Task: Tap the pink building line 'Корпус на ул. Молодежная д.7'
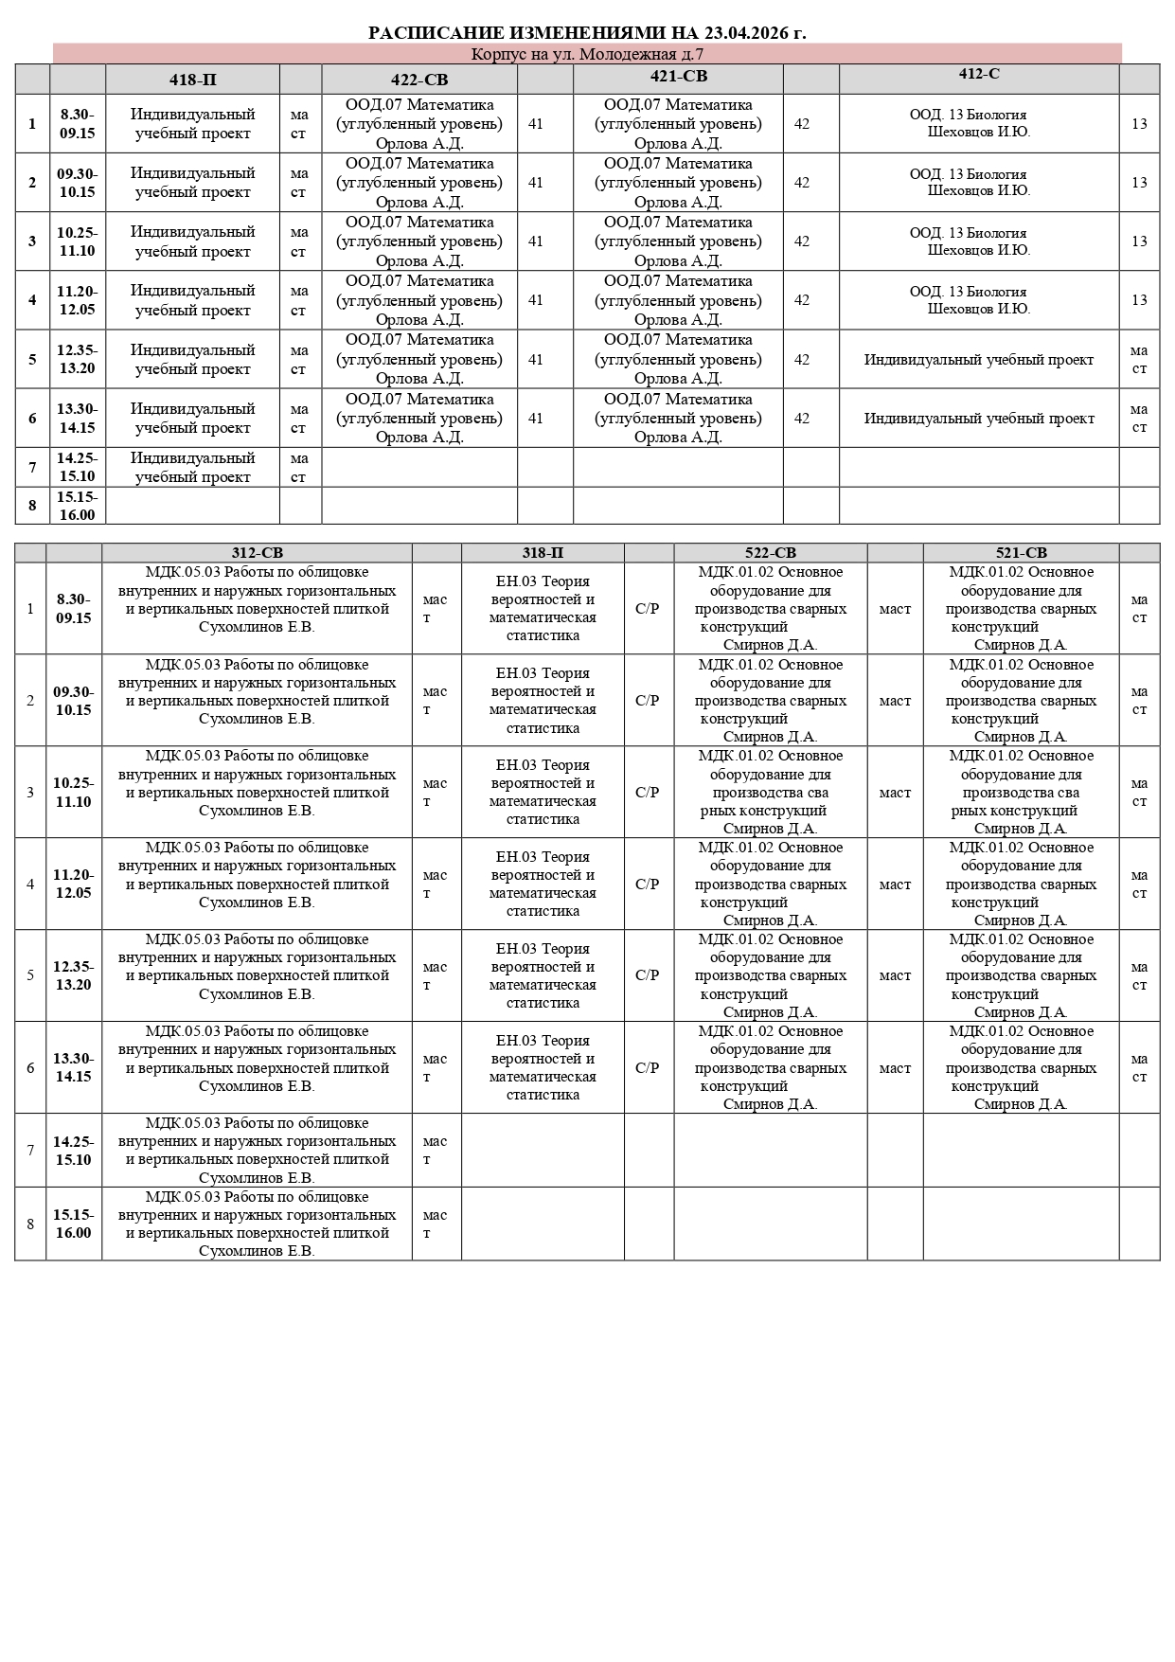pyautogui.click(x=587, y=54)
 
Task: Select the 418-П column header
pyautogui.click(x=192, y=80)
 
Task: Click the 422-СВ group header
pyautogui.click(x=419, y=80)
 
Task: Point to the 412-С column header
pyautogui.click(x=978, y=74)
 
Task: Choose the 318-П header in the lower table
pyautogui.click(x=543, y=553)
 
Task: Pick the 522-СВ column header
pyautogui.click(x=770, y=553)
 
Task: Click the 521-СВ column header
pyautogui.click(x=1021, y=553)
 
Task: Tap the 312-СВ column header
pyautogui.click(x=257, y=553)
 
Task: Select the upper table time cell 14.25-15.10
pyautogui.click(x=77, y=467)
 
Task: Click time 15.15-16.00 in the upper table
pyautogui.click(x=77, y=506)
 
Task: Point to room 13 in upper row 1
pyautogui.click(x=1139, y=124)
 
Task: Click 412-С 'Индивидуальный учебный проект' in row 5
pyautogui.click(x=978, y=360)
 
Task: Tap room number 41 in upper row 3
pyautogui.click(x=536, y=241)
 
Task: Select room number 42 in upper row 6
pyautogui.click(x=802, y=419)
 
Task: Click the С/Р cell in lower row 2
pyautogui.click(x=648, y=701)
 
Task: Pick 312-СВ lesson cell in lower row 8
pyautogui.click(x=257, y=1224)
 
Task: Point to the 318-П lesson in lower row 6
pyautogui.click(x=543, y=1067)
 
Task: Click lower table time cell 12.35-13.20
pyautogui.click(x=73, y=975)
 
